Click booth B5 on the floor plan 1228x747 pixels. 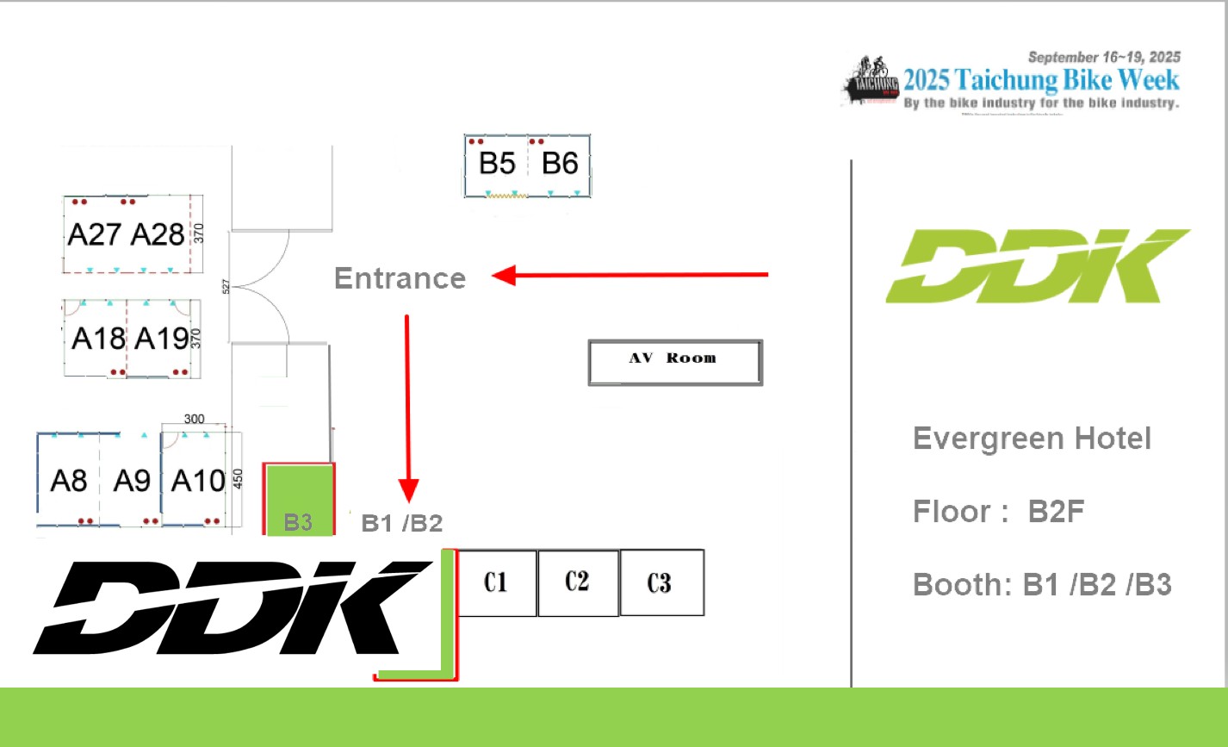coord(496,164)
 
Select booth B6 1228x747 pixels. coord(560,164)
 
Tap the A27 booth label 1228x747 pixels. coord(95,234)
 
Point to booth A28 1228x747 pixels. coord(158,234)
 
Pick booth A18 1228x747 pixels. coord(97,339)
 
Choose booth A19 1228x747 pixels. coord(161,339)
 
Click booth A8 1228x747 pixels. coord(68,481)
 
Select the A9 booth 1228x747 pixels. coord(132,481)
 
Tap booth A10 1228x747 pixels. coord(197,481)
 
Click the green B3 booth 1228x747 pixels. coord(299,500)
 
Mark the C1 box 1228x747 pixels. coord(496,583)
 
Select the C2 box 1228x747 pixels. coord(578,583)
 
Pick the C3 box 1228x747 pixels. coord(661,583)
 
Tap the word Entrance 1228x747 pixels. coord(400,278)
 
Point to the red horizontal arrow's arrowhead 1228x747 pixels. coord(503,276)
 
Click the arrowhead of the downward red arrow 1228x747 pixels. coord(409,491)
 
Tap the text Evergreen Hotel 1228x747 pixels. coord(1032,439)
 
